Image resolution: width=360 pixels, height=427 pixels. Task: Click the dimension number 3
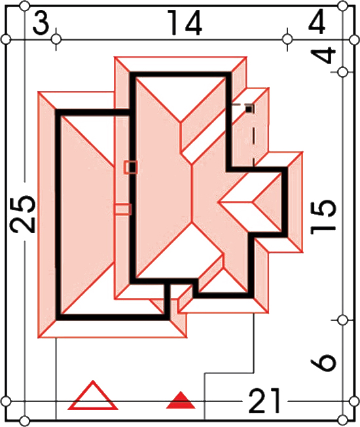coord(41,24)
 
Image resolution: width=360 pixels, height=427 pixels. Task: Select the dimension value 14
coord(185,23)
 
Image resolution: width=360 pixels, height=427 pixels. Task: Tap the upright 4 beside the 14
coord(317,21)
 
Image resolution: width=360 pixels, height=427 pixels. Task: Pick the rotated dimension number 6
coord(323,362)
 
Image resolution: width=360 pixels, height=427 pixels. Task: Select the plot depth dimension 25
coord(23,214)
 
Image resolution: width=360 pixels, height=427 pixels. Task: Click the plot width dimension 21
coord(264,401)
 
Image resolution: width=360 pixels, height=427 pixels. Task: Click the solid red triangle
coord(181,400)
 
